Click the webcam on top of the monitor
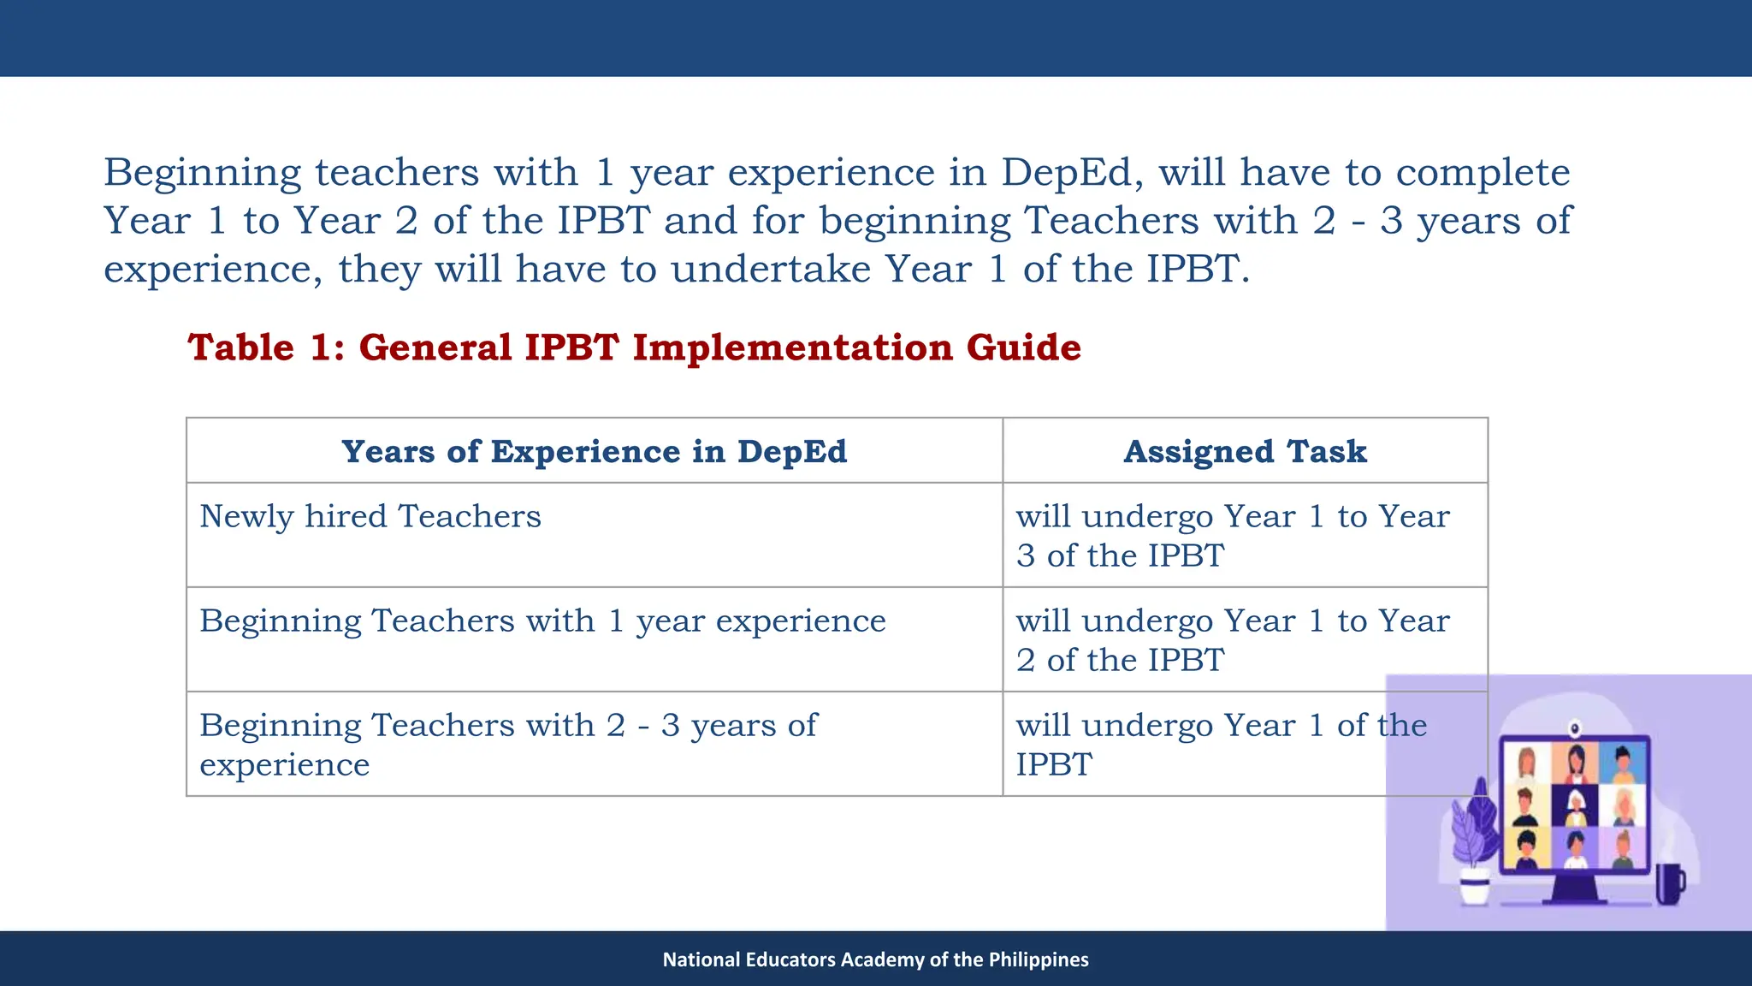1575,728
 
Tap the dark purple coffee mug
1668,884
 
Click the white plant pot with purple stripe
1475,887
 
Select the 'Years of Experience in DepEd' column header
594,451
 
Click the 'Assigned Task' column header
1245,451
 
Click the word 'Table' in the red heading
241,347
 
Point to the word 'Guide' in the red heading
1023,347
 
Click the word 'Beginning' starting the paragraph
202,172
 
